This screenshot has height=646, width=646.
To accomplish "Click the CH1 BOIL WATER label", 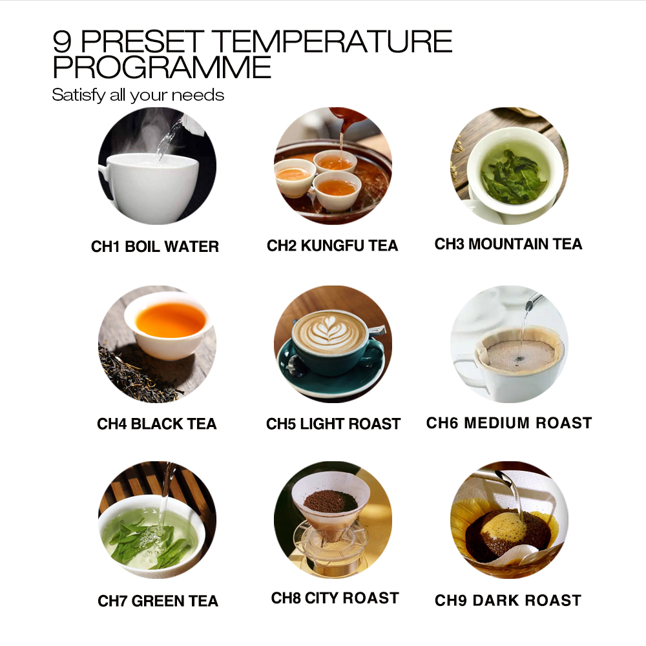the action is click(155, 246).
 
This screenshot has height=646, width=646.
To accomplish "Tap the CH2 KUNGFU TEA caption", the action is click(333, 245).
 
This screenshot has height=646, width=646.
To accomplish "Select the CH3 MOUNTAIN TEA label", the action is click(508, 244).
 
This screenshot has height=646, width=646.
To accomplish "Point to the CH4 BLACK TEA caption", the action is click(156, 424).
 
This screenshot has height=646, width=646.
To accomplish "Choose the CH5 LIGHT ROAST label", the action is click(333, 424).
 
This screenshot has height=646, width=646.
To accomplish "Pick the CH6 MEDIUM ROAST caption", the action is click(509, 422).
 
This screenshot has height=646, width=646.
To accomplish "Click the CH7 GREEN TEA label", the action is click(158, 601).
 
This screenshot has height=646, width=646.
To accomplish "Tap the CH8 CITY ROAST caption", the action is click(335, 598).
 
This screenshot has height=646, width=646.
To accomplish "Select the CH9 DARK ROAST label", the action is click(508, 600).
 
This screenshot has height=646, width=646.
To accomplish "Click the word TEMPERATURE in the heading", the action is click(333, 41).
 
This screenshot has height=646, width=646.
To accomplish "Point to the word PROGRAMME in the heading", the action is click(162, 67).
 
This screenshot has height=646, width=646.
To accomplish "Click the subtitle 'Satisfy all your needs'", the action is click(138, 95).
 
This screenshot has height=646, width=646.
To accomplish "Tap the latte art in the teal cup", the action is click(329, 330).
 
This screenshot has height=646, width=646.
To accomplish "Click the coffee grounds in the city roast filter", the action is click(330, 501).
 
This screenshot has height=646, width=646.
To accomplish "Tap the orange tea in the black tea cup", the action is click(171, 320).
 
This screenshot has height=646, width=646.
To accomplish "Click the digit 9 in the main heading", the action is click(62, 41).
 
